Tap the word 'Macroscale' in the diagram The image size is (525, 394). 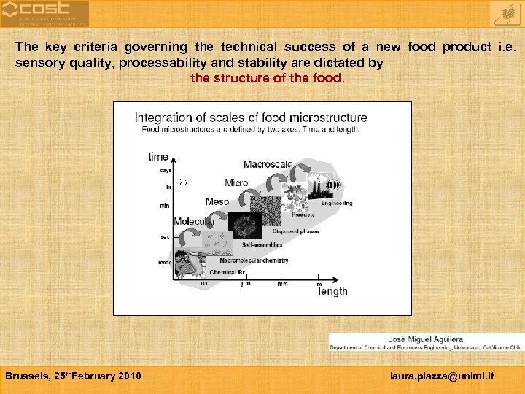[x=268, y=165]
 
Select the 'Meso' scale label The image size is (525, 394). [x=217, y=201]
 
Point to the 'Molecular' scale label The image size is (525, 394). [x=194, y=221]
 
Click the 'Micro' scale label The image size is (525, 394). [x=236, y=182]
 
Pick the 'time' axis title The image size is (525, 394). [x=158, y=157]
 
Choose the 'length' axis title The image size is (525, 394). [x=333, y=291]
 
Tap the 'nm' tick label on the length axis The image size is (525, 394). [x=205, y=284]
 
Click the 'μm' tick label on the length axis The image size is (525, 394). [x=246, y=284]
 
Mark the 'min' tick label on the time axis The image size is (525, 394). [x=165, y=206]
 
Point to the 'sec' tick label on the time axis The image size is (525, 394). [x=166, y=236]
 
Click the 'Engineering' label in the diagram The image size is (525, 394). [x=337, y=204]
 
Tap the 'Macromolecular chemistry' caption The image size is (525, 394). [x=254, y=260]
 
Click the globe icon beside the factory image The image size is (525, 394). [x=333, y=185]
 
